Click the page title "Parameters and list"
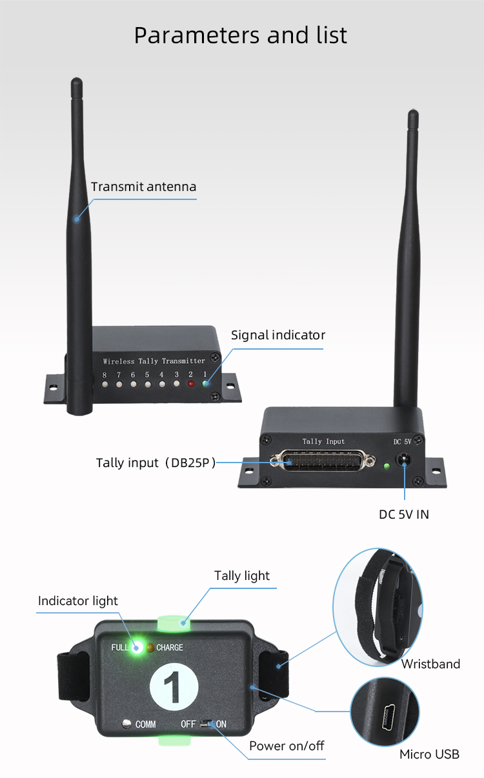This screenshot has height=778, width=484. pyautogui.click(x=241, y=35)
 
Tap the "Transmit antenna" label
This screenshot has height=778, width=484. pyautogui.click(x=143, y=187)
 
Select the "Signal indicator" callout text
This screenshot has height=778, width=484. pyautogui.click(x=278, y=335)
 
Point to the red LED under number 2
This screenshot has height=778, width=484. pyautogui.click(x=190, y=384)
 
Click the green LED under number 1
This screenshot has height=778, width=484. pyautogui.click(x=205, y=384)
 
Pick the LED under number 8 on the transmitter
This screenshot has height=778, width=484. pyautogui.click(x=105, y=384)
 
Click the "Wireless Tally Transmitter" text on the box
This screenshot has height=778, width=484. pyautogui.click(x=154, y=361)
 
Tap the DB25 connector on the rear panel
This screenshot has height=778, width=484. pyautogui.click(x=323, y=461)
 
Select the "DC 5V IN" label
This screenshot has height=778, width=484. pyautogui.click(x=404, y=515)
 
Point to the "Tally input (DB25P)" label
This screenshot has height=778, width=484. pyautogui.click(x=156, y=463)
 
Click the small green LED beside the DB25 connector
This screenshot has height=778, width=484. pyautogui.click(x=386, y=466)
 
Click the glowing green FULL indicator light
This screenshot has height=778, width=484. pyautogui.click(x=137, y=648)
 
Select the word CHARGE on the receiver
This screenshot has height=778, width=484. pyautogui.click(x=170, y=648)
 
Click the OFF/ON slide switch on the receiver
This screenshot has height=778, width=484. pyautogui.click(x=208, y=724)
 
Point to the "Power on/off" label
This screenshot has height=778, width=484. pyautogui.click(x=287, y=746)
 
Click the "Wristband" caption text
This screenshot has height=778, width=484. pyautogui.click(x=430, y=664)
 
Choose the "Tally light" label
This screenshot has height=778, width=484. pyautogui.click(x=242, y=576)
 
